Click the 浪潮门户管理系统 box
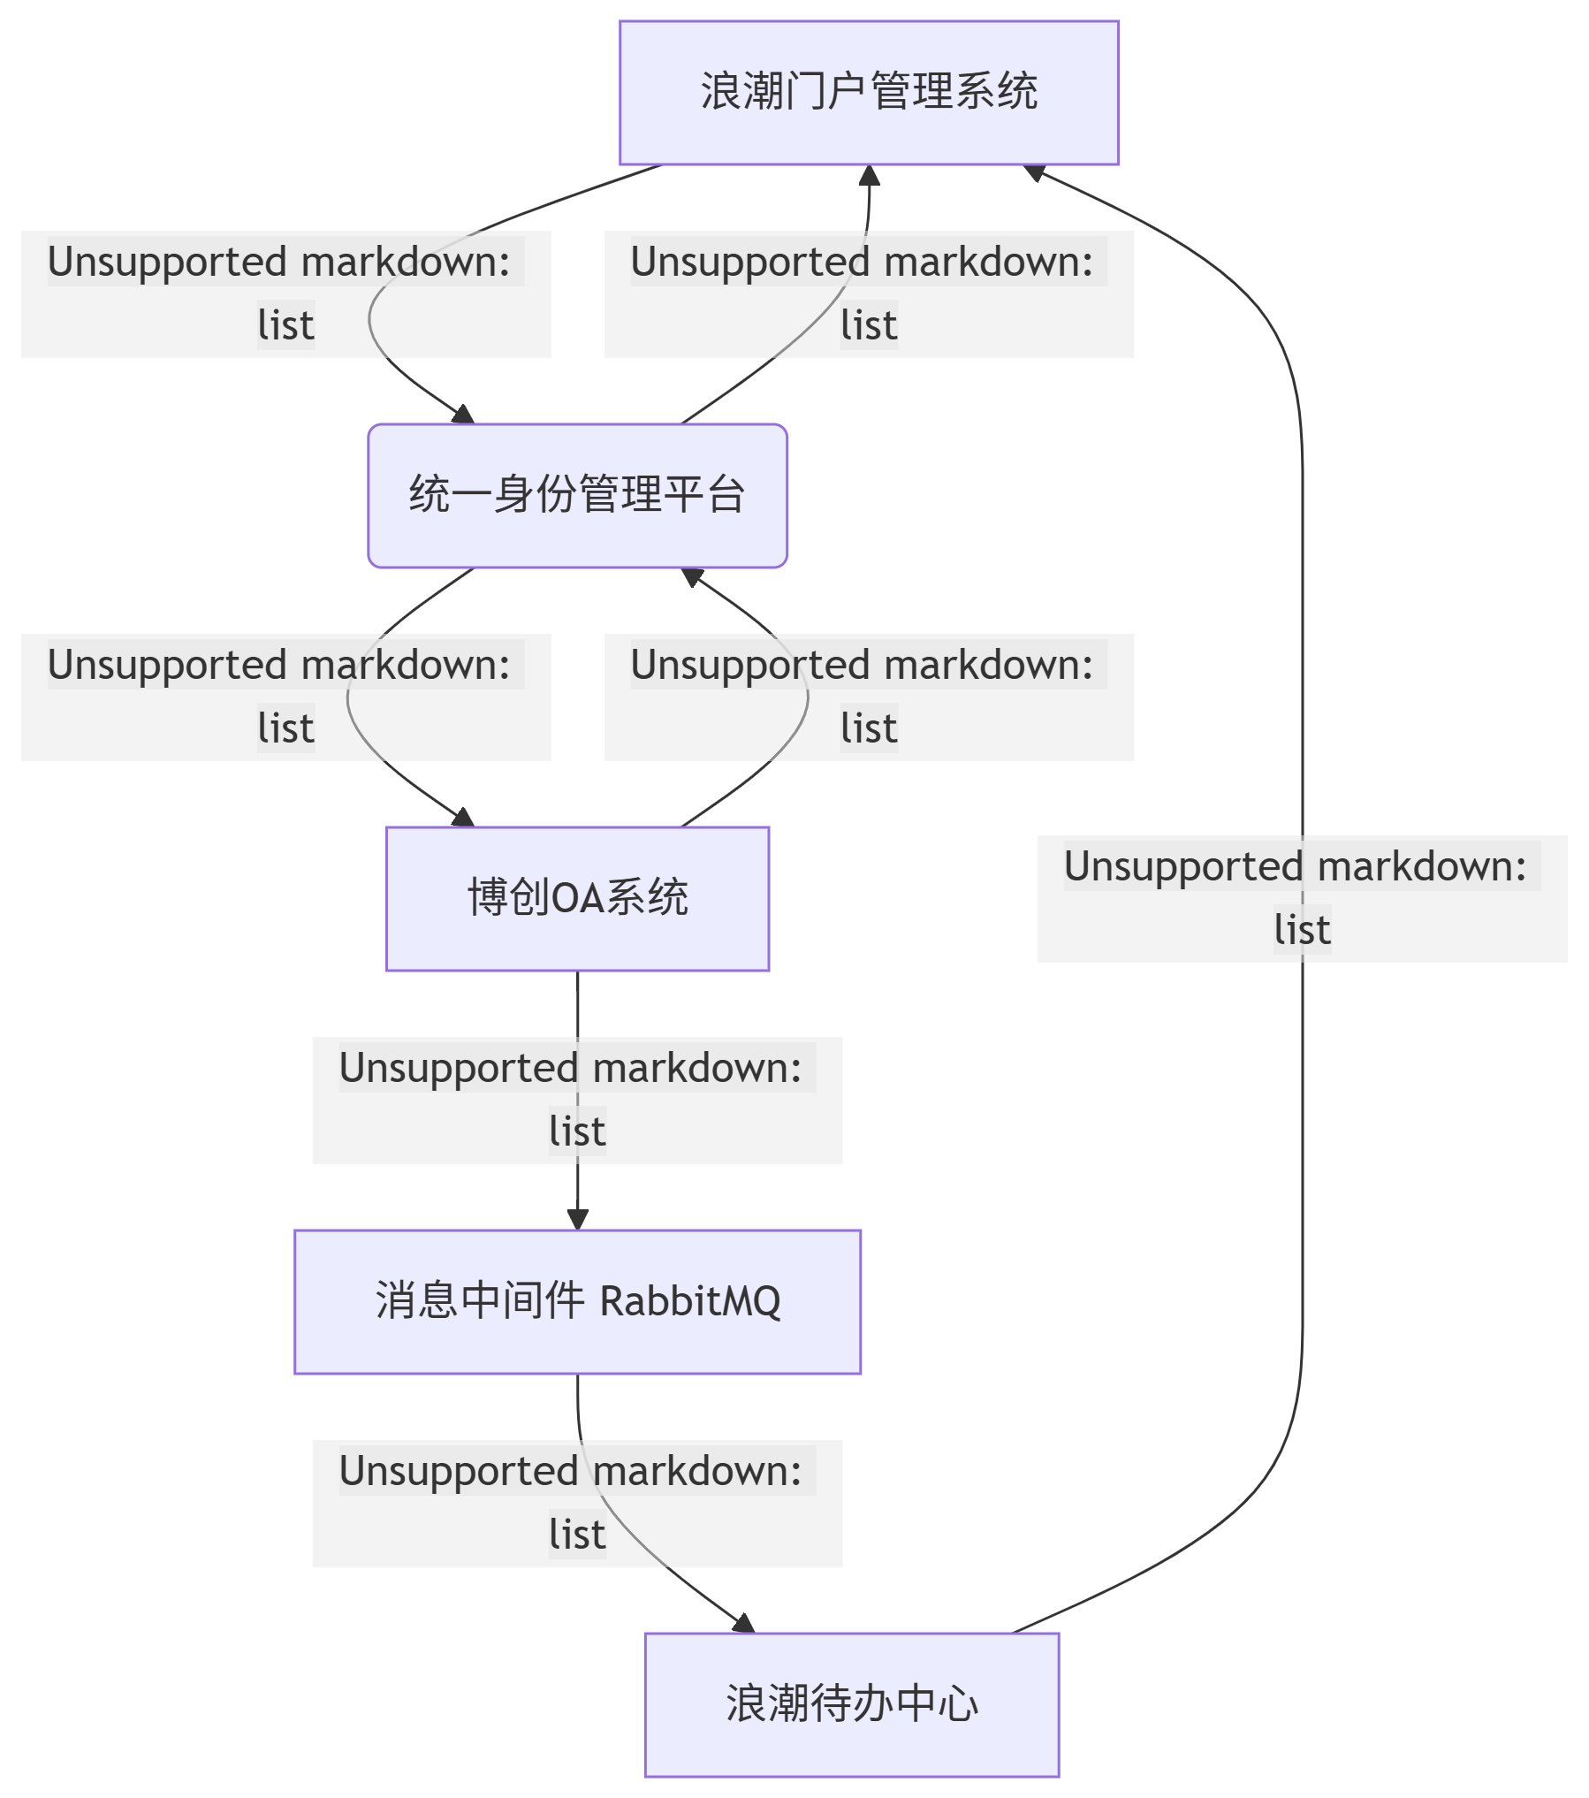pos(869,93)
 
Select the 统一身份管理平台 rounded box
pos(577,495)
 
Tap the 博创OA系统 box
pos(577,898)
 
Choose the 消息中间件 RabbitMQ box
pos(577,1301)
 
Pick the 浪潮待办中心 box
pos(851,1704)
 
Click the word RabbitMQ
pos(690,1301)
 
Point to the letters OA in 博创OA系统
pos(577,898)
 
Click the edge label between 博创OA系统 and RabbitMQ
pos(577,1100)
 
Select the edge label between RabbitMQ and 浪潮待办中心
pos(577,1503)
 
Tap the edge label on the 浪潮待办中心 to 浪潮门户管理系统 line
pos(1302,898)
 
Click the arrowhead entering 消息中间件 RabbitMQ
pos(578,1220)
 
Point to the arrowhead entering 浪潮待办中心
pos(744,1623)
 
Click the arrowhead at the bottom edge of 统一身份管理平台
pos(692,576)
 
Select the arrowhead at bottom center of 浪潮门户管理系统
pos(870,175)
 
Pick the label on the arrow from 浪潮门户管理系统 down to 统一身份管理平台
pos(285,293)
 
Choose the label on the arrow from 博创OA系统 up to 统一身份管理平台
pos(869,697)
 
